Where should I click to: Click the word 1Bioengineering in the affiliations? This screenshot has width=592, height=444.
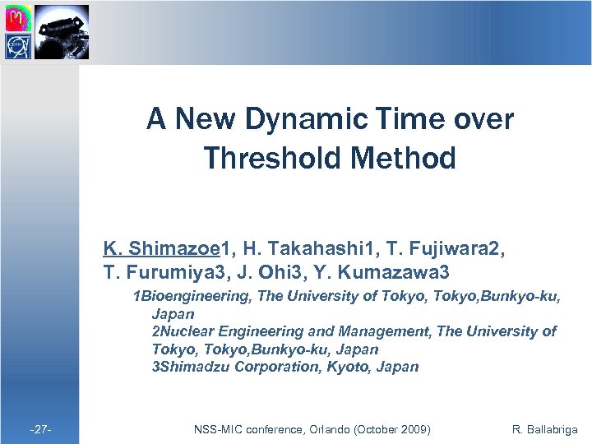(x=193, y=296)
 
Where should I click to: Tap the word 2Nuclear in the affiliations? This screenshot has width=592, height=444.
(x=180, y=331)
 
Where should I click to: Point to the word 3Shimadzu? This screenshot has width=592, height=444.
(x=191, y=367)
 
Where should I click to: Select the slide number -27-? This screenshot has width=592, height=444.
(x=40, y=429)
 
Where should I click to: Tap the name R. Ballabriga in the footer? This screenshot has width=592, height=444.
(x=544, y=429)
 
